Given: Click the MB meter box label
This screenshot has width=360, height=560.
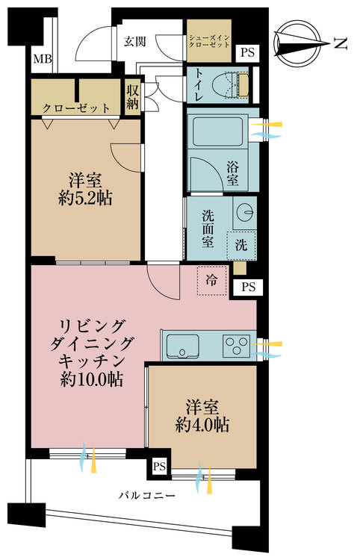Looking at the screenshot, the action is (x=43, y=58).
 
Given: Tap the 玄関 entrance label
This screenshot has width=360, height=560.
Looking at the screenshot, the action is (x=134, y=41).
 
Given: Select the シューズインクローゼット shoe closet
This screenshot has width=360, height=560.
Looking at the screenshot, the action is (x=209, y=41).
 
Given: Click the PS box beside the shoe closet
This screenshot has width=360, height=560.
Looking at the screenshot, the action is (x=247, y=52).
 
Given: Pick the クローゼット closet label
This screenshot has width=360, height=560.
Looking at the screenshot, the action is (x=75, y=108).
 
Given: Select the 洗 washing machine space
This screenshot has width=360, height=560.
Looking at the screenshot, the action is (x=241, y=245).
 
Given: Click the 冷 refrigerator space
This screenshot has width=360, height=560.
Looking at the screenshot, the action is (x=212, y=280).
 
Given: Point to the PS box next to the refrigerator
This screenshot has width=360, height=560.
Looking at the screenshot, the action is (x=248, y=287).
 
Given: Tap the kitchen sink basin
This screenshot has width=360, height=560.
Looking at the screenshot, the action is (x=182, y=346).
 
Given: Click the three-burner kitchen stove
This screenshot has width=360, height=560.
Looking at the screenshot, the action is (x=235, y=346).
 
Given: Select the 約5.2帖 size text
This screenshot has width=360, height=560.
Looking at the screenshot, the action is (x=85, y=198).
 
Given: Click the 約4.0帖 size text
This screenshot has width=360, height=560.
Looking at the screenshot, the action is (x=202, y=425).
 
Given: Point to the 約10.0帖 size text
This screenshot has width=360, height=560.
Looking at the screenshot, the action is (x=91, y=379).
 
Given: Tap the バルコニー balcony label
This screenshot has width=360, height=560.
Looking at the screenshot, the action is (x=147, y=496).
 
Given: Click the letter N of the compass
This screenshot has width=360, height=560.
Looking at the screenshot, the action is (x=341, y=44).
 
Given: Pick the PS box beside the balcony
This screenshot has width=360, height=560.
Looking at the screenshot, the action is (x=159, y=467).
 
